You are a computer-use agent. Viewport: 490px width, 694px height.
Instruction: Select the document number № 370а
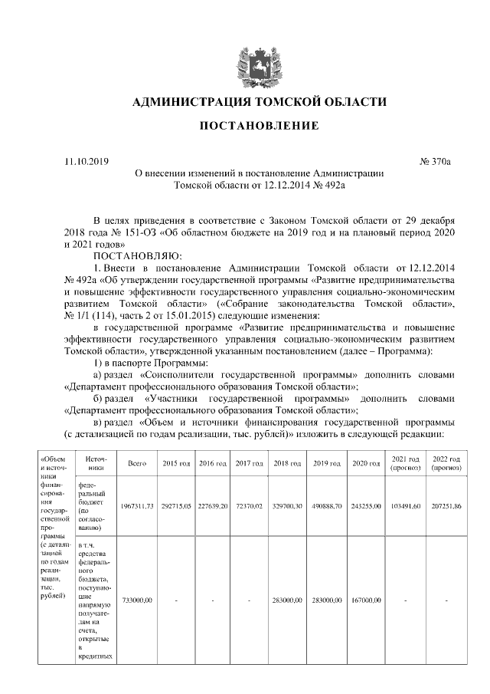click(x=436, y=161)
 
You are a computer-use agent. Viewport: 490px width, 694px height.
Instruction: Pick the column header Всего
click(x=137, y=464)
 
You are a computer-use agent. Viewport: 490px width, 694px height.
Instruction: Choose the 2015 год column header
click(x=175, y=464)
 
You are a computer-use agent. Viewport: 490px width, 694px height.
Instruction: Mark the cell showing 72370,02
click(x=250, y=507)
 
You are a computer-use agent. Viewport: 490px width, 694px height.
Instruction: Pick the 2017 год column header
click(x=250, y=464)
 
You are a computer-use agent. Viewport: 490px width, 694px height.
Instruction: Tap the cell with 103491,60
click(x=403, y=507)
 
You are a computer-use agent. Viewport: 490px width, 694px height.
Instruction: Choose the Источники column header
click(x=95, y=464)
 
